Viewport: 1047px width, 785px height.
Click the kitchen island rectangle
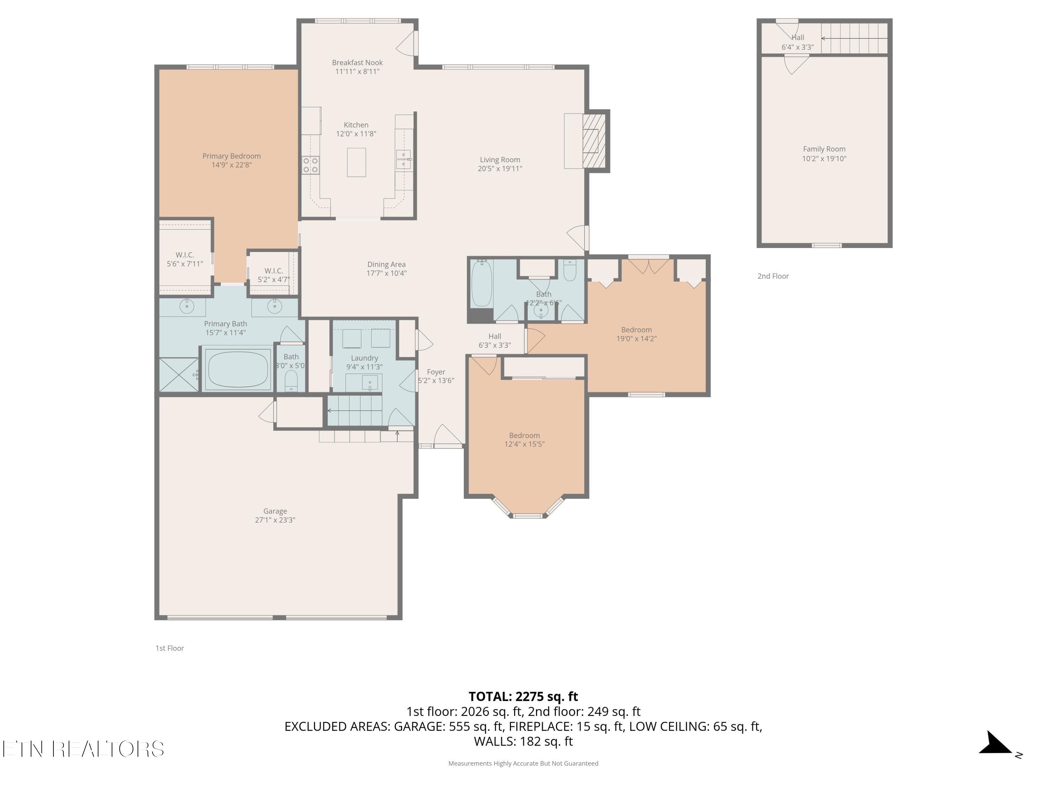pyautogui.click(x=356, y=162)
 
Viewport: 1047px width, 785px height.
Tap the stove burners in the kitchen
pyautogui.click(x=311, y=165)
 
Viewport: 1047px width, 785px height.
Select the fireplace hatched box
pyautogui.click(x=594, y=141)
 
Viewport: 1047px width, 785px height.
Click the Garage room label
pyautogui.click(x=275, y=511)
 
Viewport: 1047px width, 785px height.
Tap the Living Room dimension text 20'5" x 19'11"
pyautogui.click(x=500, y=169)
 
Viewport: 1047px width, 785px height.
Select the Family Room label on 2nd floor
pyautogui.click(x=824, y=149)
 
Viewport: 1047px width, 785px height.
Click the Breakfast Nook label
pyautogui.click(x=357, y=62)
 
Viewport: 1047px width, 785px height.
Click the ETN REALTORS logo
pyautogui.click(x=83, y=749)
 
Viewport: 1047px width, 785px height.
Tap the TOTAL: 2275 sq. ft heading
pyautogui.click(x=523, y=696)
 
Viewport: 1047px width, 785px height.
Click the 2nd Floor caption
pyautogui.click(x=773, y=276)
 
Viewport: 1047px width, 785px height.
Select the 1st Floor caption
pyautogui.click(x=170, y=648)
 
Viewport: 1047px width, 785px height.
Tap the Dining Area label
pyautogui.click(x=386, y=264)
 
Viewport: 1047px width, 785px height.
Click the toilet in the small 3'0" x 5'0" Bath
pyautogui.click(x=291, y=380)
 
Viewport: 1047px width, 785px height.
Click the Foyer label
pyautogui.click(x=436, y=372)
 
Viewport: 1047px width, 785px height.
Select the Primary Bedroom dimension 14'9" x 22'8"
pyautogui.click(x=231, y=165)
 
